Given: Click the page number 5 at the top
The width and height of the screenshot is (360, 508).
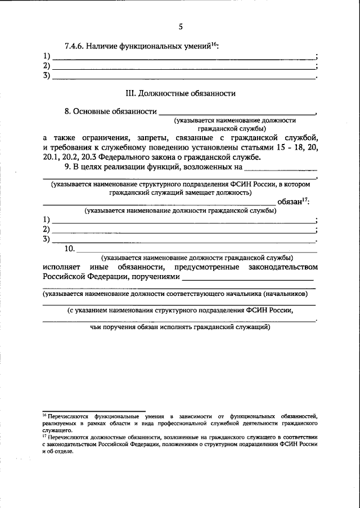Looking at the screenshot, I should coord(181,26).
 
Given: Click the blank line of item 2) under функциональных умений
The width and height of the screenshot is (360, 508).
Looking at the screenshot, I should coord(183,66).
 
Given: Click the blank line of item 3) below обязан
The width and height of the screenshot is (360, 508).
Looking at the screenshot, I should coord(183,241).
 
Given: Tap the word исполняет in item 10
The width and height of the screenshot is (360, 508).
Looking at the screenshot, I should coord(60,267).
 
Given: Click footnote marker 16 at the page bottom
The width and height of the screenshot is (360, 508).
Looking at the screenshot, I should coord(44,413).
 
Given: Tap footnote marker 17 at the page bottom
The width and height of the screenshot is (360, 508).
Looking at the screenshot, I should coord(44,435).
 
